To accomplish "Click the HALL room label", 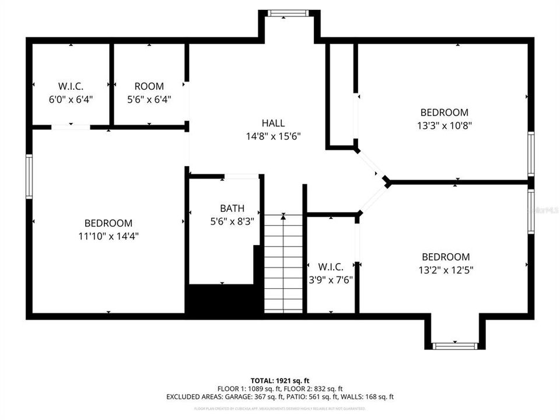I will pyautogui.click(x=273, y=123).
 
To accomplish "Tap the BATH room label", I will pyautogui.click(x=232, y=208).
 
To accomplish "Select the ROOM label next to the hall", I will pyautogui.click(x=149, y=86).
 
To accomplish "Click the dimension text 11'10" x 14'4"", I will pyautogui.click(x=108, y=236).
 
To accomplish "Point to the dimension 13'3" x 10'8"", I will pyautogui.click(x=444, y=125).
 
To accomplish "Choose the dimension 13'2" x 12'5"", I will pyautogui.click(x=446, y=270).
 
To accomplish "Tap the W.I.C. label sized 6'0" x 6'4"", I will pyautogui.click(x=71, y=86).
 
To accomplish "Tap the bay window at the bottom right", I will pyautogui.click(x=455, y=346).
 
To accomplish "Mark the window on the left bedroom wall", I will pyautogui.click(x=29, y=176).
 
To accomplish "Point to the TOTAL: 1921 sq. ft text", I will pyautogui.click(x=279, y=380).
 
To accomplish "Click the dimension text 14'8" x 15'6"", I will pyautogui.click(x=273, y=136).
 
